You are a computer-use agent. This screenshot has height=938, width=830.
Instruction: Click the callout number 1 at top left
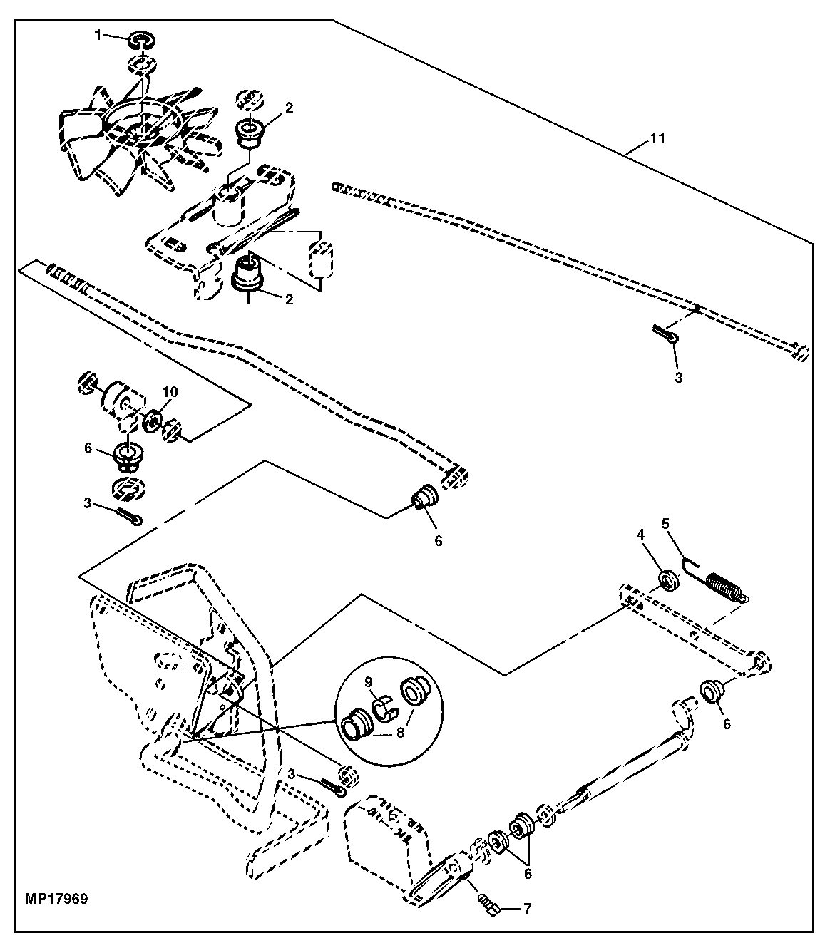[97, 35]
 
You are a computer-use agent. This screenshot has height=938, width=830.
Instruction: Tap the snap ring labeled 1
[142, 41]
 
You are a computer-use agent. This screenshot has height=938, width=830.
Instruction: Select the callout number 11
[657, 138]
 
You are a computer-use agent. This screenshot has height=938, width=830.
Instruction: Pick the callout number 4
[640, 535]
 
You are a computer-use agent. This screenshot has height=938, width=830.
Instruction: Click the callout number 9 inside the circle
[368, 681]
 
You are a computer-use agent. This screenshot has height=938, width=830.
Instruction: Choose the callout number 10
[170, 392]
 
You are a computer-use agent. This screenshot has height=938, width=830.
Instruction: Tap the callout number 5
[665, 524]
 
